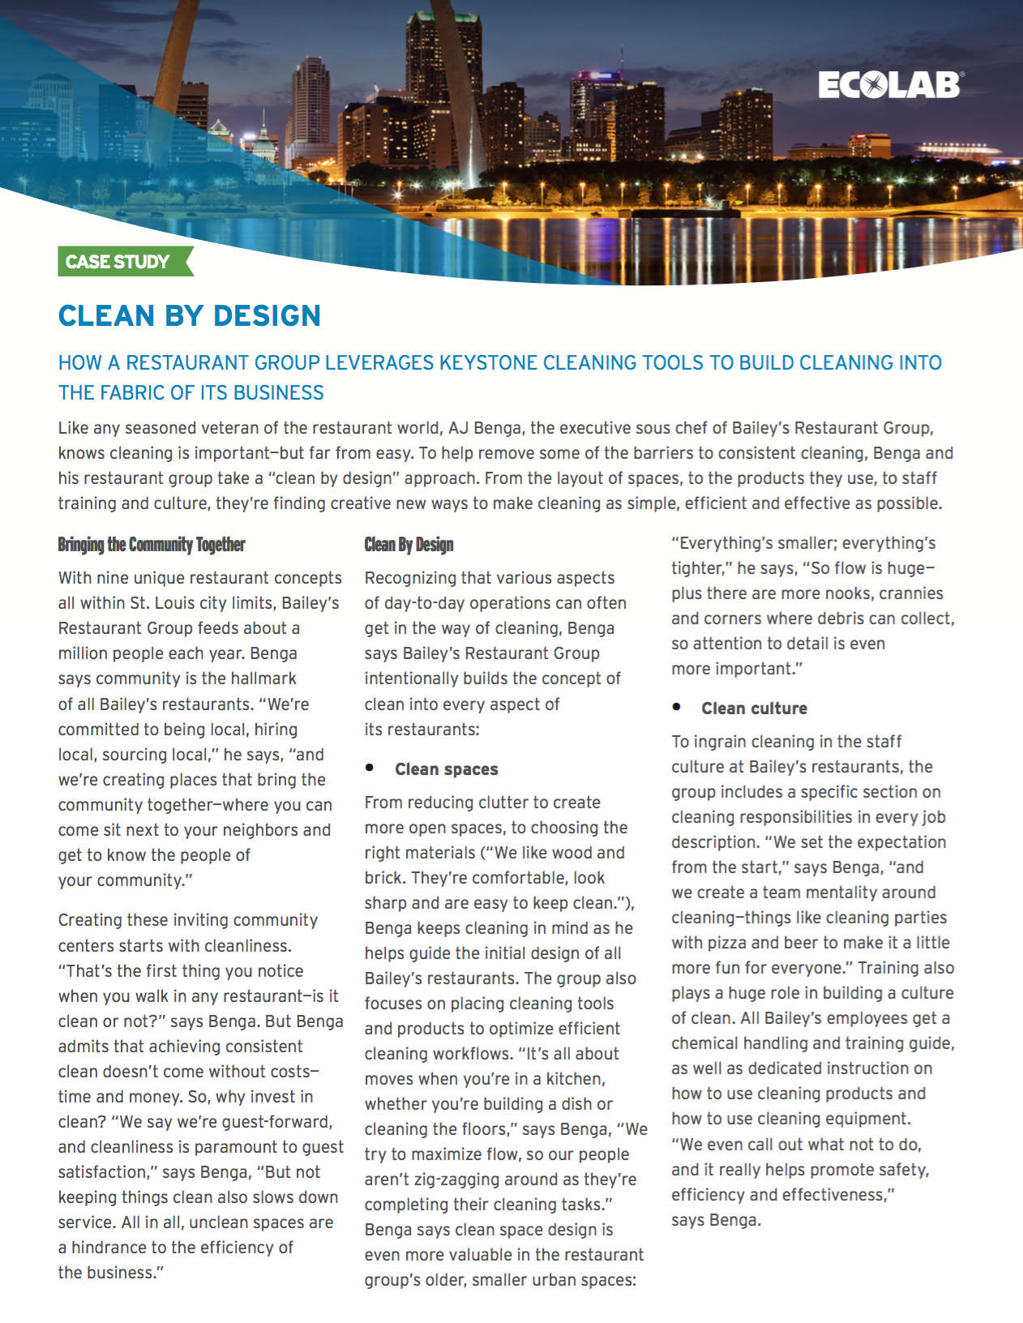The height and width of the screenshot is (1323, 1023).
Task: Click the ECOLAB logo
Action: click(x=889, y=85)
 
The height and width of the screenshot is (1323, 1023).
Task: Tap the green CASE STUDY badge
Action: click(x=118, y=262)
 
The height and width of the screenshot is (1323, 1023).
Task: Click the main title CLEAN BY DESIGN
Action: click(x=190, y=315)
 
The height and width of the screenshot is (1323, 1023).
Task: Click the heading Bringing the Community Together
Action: click(x=152, y=545)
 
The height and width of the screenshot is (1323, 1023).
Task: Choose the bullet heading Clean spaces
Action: click(x=447, y=769)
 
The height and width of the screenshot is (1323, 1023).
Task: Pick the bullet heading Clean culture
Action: click(x=754, y=709)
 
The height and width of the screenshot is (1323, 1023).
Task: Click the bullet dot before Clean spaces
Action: click(x=370, y=767)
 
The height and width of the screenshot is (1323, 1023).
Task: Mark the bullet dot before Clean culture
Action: click(x=676, y=706)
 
